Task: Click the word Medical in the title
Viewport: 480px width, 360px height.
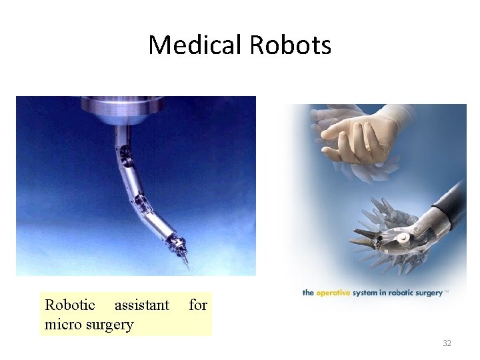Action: tap(196, 45)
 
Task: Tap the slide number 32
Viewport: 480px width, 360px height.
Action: tap(447, 343)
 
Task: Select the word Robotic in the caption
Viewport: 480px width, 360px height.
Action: tap(70, 305)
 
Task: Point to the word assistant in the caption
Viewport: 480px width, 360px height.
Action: tap(142, 305)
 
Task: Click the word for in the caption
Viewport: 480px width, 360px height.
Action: tap(198, 305)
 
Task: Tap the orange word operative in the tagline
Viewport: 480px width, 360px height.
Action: tap(333, 293)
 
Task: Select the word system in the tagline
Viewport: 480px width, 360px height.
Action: tap(365, 293)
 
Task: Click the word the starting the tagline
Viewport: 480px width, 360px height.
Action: tap(308, 293)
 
